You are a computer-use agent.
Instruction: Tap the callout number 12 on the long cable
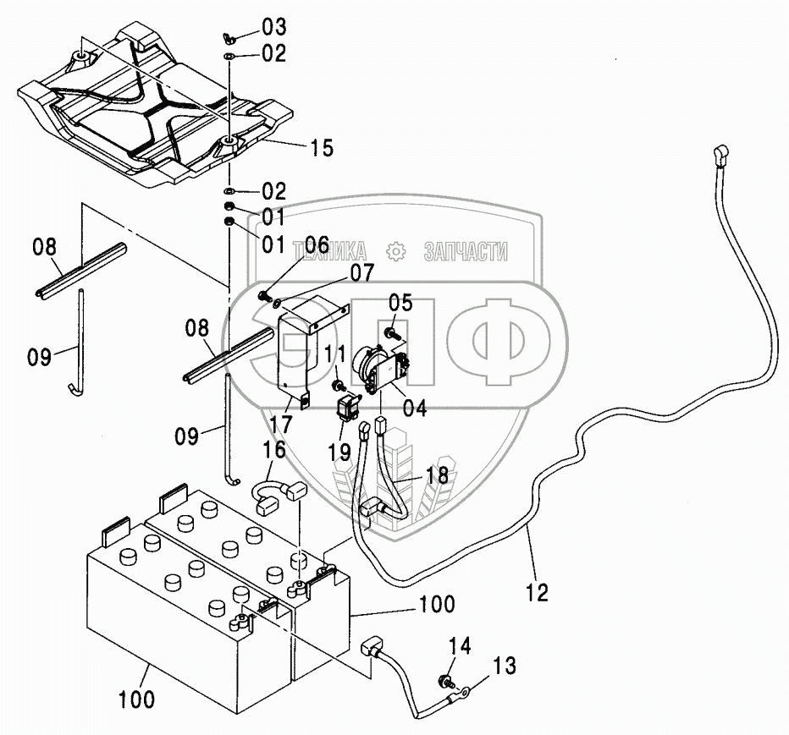point(537,591)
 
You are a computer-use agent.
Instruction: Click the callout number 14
point(459,647)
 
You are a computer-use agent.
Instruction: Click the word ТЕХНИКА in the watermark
point(330,251)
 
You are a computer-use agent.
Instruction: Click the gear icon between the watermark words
point(394,251)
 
